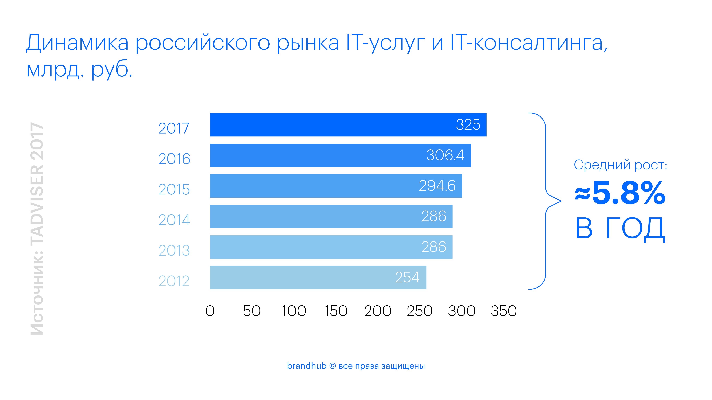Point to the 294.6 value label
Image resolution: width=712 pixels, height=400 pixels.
[437, 186]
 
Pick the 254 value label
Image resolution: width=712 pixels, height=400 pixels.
[407, 277]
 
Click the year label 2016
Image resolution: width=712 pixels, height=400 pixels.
[174, 159]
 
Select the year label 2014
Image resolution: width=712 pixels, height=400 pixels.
[174, 220]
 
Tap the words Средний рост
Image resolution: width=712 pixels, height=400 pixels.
[620, 165]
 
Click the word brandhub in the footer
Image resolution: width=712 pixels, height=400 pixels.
[306, 366]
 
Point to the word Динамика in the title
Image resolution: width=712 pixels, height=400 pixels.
[77, 43]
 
